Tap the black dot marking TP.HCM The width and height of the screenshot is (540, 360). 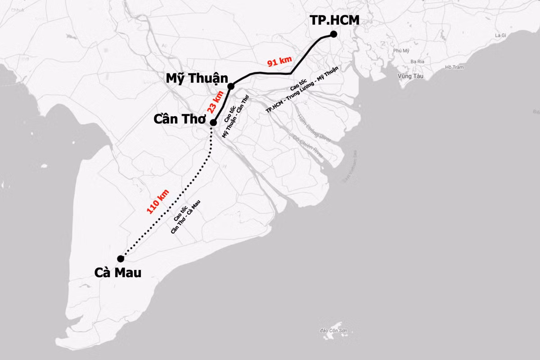coord(333,34)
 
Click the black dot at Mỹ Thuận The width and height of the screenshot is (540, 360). coord(231,86)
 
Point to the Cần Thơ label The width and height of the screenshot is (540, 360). coord(180,119)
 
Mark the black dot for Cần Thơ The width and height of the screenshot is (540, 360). coord(213,122)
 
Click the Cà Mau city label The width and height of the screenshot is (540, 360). coord(118,273)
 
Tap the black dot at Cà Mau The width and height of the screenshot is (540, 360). coord(121,258)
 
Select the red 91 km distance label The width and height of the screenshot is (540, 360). coord(279,61)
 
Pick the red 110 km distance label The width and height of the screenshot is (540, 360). coord(158,201)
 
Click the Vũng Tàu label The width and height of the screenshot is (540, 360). coord(410,76)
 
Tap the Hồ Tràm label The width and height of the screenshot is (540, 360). coord(454,67)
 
